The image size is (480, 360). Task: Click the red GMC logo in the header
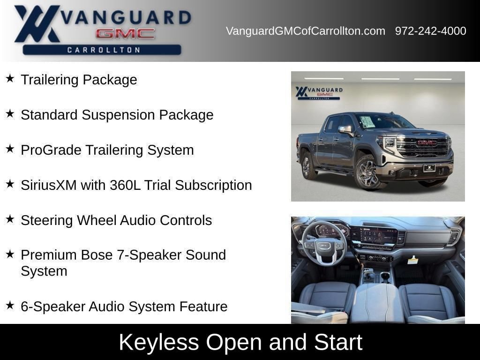point(125,34)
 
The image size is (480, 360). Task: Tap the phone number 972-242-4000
point(430,31)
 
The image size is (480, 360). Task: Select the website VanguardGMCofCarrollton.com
point(306,31)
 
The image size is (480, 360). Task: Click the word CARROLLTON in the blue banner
point(104,50)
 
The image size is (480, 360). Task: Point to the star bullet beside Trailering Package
point(10,78)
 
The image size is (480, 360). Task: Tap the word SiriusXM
point(49,185)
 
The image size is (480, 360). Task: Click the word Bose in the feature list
point(97,255)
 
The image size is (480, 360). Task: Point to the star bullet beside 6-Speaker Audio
point(10,305)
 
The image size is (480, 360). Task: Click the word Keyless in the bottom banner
point(159,342)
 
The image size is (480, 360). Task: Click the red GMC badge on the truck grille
point(427,142)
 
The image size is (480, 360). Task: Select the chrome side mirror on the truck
point(345,130)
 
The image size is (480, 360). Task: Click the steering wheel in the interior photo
point(324,242)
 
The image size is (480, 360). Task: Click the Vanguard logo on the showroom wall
point(319,93)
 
